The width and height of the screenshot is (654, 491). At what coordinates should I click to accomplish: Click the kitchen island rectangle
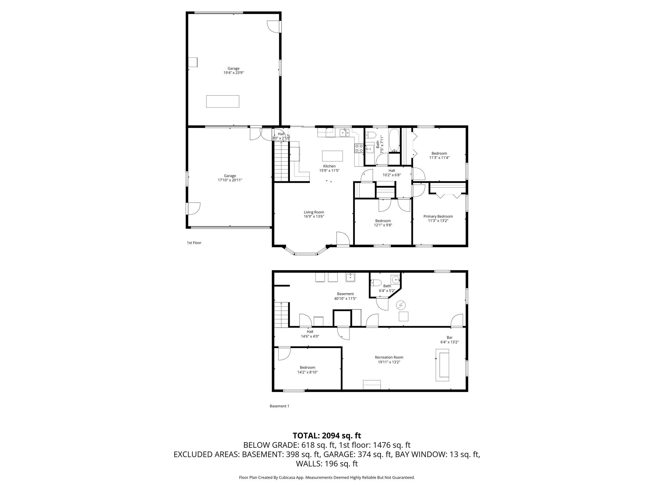coord(333,156)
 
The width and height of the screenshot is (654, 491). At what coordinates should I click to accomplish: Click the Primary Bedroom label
coord(438,216)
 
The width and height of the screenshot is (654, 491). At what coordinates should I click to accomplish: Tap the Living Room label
coord(314,212)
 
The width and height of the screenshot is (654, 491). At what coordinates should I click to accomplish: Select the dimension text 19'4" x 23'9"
coord(233,73)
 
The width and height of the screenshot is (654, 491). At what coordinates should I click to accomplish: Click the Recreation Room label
coord(389,357)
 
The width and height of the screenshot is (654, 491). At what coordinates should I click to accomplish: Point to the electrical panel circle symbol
coord(401,305)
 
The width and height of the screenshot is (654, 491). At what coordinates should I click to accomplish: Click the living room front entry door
coord(343,239)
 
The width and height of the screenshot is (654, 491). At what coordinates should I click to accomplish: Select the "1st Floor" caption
coord(194,243)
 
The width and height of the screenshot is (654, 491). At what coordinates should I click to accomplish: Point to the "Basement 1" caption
coord(279,406)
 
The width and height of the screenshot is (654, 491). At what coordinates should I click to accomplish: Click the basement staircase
coord(281,315)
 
